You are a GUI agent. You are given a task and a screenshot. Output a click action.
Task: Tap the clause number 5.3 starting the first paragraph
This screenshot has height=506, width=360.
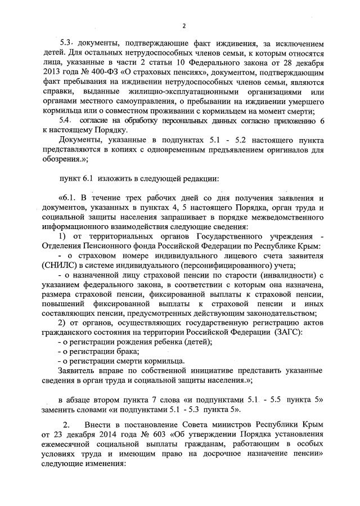(67, 43)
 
